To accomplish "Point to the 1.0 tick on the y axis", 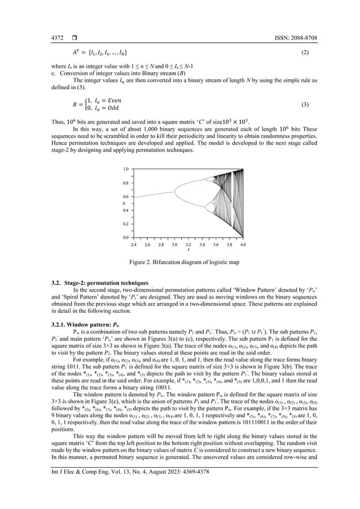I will (x=125, y=169).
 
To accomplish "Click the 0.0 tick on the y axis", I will (x=125, y=238).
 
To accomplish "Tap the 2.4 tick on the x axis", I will (x=134, y=245).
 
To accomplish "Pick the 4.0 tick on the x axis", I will (x=243, y=245).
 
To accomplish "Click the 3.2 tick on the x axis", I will (x=188, y=245).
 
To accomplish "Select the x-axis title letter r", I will (x=188, y=250).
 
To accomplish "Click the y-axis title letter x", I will (x=124, y=203).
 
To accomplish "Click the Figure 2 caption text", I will (x=180, y=263).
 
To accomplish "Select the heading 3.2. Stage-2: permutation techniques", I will (x=97, y=282).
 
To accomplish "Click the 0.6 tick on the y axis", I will (x=125, y=196).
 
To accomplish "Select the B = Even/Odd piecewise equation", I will (x=96, y=104).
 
